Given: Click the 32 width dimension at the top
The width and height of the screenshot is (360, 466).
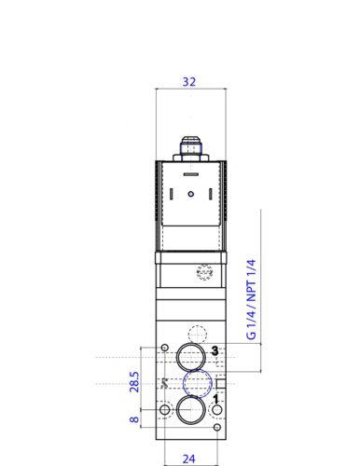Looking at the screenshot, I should (189, 82).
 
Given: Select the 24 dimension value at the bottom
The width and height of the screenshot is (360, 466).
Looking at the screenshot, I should (189, 458).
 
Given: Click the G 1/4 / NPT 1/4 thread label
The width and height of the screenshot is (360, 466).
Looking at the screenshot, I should (251, 297).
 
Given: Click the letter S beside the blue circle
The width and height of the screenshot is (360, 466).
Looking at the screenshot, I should (165, 383).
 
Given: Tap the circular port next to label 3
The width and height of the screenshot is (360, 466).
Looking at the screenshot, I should (191, 357).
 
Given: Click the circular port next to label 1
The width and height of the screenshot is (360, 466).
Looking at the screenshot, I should (191, 410).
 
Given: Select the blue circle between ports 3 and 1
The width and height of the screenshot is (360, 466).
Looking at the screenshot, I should (196, 383).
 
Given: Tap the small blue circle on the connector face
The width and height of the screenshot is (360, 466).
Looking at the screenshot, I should (189, 195).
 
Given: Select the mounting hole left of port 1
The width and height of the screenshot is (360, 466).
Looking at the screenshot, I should (165, 410).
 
